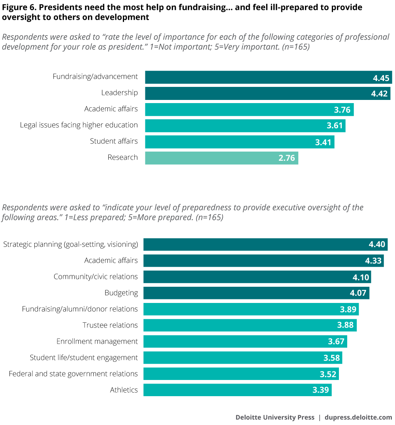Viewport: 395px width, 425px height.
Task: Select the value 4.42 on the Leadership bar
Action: (x=380, y=94)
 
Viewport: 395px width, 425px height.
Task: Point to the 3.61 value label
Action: (x=335, y=126)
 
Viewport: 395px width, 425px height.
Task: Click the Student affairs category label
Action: (x=114, y=141)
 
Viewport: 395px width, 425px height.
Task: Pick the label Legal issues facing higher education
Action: (x=79, y=125)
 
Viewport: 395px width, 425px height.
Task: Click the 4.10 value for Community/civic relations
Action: (x=361, y=277)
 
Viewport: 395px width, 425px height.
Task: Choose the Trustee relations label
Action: (x=110, y=325)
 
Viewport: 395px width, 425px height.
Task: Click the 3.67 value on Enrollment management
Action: (x=337, y=342)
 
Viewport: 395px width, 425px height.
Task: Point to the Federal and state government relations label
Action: (x=73, y=374)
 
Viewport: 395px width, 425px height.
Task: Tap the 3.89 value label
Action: (x=348, y=309)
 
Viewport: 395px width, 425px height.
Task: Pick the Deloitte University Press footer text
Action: (x=275, y=417)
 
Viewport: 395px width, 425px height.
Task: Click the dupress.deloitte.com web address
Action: (x=358, y=417)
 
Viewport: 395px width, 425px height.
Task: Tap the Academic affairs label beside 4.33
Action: (x=111, y=261)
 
